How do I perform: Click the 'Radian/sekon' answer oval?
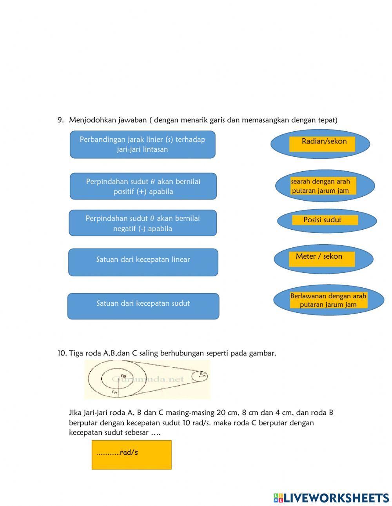click(x=320, y=144)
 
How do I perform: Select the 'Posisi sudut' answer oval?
click(x=327, y=220)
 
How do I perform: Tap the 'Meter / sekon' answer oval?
click(x=323, y=258)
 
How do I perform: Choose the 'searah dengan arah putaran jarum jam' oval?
click(x=325, y=186)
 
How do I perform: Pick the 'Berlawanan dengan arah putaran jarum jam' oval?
click(x=328, y=300)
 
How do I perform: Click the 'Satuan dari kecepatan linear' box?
click(x=143, y=262)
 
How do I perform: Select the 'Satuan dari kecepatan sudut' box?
click(x=143, y=306)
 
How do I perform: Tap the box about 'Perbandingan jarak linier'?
click(x=143, y=145)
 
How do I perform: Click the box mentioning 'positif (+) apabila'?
click(x=143, y=186)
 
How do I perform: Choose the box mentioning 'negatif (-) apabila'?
click(x=143, y=223)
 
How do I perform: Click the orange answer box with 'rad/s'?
click(x=131, y=455)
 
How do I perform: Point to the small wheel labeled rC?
click(x=200, y=376)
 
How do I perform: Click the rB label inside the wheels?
click(x=123, y=376)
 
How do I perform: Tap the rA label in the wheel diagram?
click(x=114, y=392)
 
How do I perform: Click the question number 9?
click(x=60, y=120)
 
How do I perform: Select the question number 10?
click(x=62, y=353)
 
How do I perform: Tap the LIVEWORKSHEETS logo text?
click(x=336, y=498)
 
